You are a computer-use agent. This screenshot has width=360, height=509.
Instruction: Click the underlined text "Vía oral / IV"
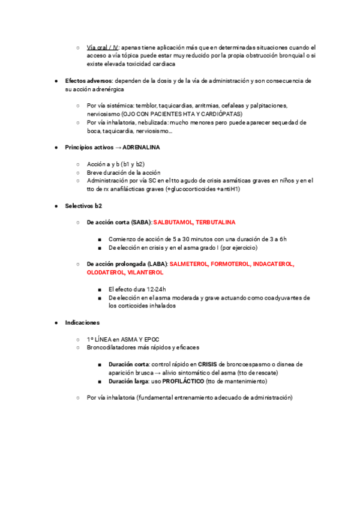[x=103, y=47]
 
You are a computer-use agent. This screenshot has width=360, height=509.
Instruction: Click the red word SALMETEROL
[x=189, y=264]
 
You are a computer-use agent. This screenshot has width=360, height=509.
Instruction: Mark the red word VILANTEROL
[x=144, y=272]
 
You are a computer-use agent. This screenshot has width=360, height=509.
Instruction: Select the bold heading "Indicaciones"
[x=82, y=322]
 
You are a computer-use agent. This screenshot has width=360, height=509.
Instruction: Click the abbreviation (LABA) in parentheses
[x=158, y=264]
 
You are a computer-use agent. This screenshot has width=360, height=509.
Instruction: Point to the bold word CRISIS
[x=208, y=364]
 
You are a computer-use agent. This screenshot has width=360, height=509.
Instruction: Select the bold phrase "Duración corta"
[x=129, y=364]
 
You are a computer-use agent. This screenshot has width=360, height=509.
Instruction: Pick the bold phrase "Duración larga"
[x=128, y=381]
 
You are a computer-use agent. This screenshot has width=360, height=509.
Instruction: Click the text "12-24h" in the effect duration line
[x=156, y=289]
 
